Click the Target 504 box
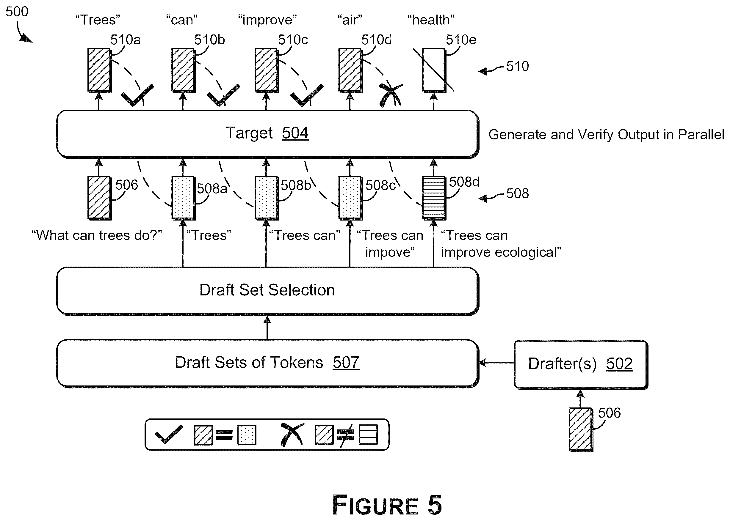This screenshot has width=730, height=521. click(267, 134)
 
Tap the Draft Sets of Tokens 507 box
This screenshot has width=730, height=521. click(267, 363)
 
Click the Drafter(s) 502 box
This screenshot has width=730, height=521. click(581, 365)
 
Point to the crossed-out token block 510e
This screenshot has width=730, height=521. click(434, 70)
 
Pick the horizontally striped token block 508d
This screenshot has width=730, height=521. click(434, 198)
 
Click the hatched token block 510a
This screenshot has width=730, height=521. click(99, 70)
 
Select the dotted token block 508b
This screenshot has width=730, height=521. click(267, 198)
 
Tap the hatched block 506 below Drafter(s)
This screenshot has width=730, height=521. click(581, 429)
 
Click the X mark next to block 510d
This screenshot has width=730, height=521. click(391, 95)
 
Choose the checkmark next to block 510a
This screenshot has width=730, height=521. click(137, 95)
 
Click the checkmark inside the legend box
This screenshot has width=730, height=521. click(169, 435)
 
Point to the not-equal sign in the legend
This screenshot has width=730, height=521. click(346, 435)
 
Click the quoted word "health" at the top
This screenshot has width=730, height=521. click(431, 20)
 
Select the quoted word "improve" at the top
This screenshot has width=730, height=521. click(267, 20)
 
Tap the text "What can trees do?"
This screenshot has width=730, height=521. click(97, 235)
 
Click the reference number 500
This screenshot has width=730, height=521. click(17, 12)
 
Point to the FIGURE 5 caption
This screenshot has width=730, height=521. click(387, 505)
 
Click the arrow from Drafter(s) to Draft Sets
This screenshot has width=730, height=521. click(496, 363)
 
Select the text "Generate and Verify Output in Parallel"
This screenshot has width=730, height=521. click(606, 135)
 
